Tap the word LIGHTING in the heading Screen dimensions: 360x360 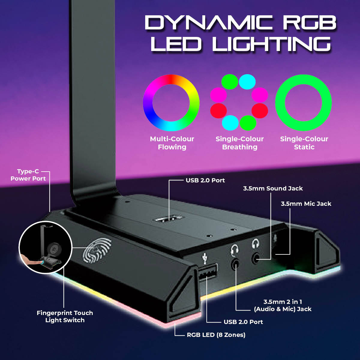tap(271, 44)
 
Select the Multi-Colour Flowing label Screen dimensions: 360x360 tap(172, 143)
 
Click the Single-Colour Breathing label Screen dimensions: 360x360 tap(240, 143)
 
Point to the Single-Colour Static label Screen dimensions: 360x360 tap(304, 143)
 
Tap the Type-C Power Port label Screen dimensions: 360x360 tap(28, 175)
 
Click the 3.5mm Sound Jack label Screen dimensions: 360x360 tap(273, 188)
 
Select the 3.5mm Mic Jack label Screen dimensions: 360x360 tap(306, 204)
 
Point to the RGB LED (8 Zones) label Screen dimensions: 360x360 tap(216, 335)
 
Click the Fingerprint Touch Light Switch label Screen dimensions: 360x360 tap(65, 316)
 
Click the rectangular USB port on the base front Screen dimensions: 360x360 tap(208, 272)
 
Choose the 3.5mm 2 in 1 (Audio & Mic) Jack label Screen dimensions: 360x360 tap(283, 305)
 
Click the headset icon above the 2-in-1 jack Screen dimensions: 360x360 tap(234, 250)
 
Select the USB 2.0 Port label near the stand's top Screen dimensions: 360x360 tap(205, 180)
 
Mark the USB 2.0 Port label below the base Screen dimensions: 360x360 tap(243, 322)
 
